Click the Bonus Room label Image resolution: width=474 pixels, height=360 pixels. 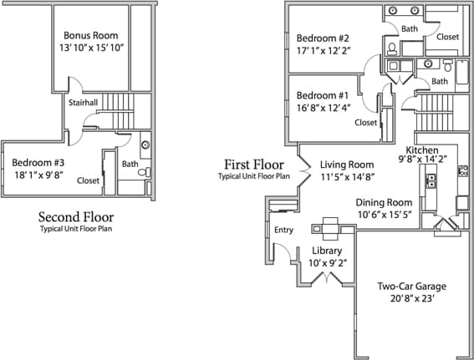pos(91,36)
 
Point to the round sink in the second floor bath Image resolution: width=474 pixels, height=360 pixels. pos(145,145)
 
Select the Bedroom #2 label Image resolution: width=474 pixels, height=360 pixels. pos(322,38)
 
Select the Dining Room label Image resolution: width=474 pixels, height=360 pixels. pos(384,202)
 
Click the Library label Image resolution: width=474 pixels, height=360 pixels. pos(328,251)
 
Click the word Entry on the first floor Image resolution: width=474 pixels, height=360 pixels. pos(283,230)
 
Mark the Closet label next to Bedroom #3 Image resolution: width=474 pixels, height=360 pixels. pos(88,180)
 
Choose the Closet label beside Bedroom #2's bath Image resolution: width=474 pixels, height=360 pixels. pos(447,37)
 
